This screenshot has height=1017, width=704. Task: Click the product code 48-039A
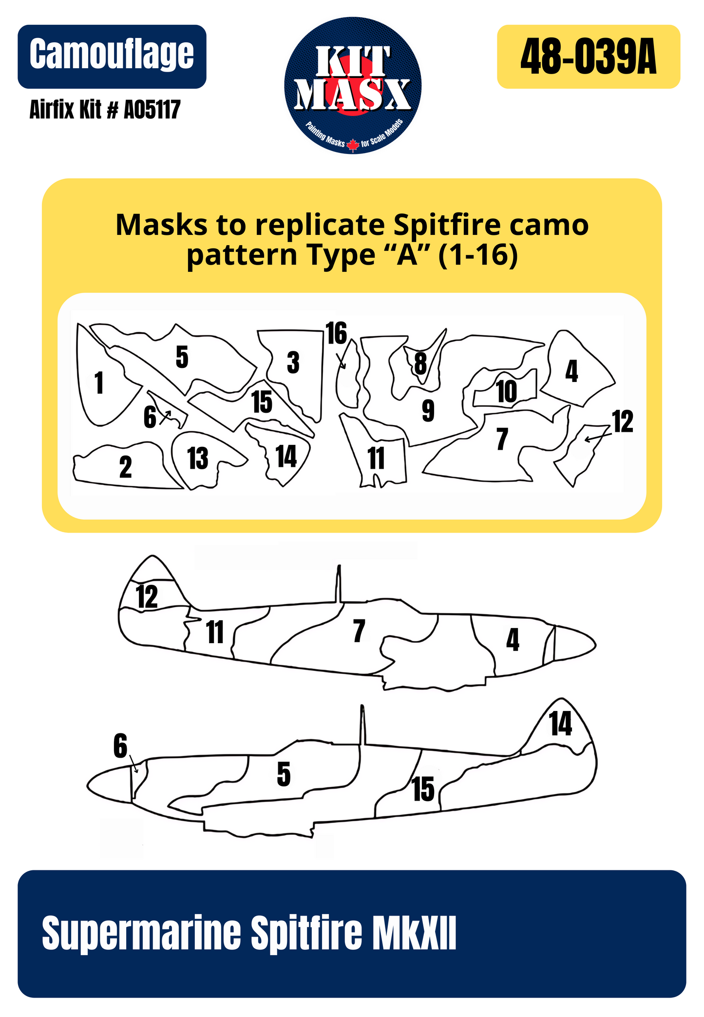(588, 58)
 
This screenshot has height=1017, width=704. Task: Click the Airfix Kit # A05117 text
(105, 110)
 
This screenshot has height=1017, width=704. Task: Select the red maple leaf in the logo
(353, 145)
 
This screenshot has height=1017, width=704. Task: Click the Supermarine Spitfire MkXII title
(249, 932)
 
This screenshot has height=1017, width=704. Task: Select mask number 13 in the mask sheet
(198, 459)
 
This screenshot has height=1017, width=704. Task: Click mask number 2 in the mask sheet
(125, 467)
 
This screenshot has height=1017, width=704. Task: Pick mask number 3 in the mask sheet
(293, 363)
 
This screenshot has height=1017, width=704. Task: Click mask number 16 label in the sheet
(337, 334)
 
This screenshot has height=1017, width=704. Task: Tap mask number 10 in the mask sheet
(506, 392)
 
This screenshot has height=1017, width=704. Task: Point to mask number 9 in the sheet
(428, 411)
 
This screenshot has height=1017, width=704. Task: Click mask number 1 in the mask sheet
(99, 383)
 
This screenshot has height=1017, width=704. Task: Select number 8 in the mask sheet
(420, 363)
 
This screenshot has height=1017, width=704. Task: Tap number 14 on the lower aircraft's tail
(560, 724)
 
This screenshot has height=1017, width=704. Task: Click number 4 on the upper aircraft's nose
(513, 640)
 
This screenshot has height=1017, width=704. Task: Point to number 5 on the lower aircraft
(284, 774)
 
